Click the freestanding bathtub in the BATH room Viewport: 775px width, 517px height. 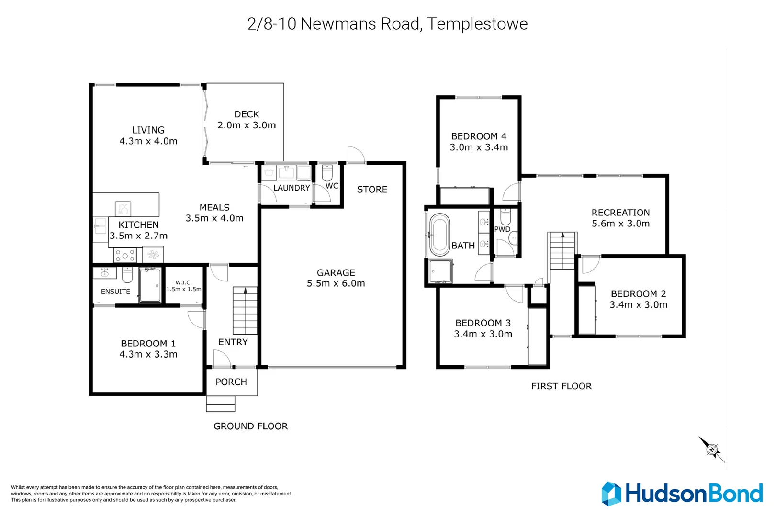point(439,235)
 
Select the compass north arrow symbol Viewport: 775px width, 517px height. point(712,450)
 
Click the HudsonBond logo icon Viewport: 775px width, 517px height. point(611,494)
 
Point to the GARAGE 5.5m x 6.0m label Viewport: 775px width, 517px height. point(336,278)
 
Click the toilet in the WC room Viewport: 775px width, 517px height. point(327,172)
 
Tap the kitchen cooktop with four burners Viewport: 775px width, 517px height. point(125,255)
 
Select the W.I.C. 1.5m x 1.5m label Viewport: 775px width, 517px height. point(184,286)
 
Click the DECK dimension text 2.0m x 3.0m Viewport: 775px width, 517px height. point(247,125)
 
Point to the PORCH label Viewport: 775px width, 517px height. point(231,382)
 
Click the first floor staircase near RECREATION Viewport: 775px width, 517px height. point(562,250)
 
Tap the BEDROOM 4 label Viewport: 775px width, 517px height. point(479,136)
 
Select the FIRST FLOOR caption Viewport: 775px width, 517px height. point(561,386)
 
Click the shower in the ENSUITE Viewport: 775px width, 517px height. point(150,285)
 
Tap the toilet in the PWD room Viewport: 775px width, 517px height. point(505,216)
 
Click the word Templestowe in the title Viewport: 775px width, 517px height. point(477,24)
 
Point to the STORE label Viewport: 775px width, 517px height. point(372,190)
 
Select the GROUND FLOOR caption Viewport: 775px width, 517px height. point(250,427)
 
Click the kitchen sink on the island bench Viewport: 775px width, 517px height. point(123,209)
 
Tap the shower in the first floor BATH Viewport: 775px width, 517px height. point(440,271)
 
